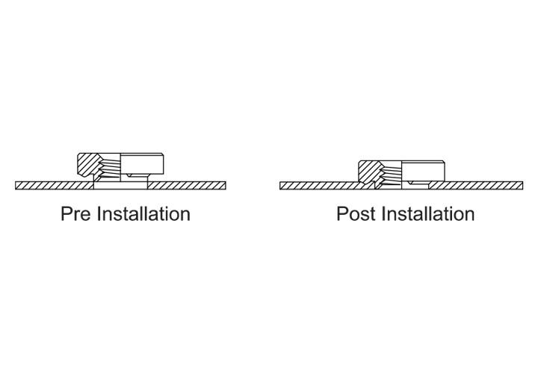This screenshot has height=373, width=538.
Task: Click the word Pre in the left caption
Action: tap(75, 214)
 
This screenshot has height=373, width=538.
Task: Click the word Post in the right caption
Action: tap(356, 214)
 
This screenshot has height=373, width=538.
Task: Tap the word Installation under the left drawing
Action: tap(143, 214)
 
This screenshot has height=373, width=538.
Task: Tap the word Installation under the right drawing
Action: tap(428, 214)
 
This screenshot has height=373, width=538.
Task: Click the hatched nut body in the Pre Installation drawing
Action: tap(88, 165)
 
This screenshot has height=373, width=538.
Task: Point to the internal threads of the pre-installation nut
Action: tap(110, 167)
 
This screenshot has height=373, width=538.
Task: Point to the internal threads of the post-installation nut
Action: tap(391, 174)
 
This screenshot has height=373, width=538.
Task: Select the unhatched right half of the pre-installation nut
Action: tap(142, 164)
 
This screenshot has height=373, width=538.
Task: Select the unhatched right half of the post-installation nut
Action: tap(423, 172)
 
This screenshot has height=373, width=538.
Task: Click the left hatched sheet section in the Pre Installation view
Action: tap(55, 185)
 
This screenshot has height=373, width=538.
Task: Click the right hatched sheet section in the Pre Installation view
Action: tap(187, 185)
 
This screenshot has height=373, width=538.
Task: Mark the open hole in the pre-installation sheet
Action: tap(120, 185)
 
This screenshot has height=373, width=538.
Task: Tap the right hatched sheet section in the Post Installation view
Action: tap(475, 185)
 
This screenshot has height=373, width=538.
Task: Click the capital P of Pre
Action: tap(67, 214)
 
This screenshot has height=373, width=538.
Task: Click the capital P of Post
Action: tap(342, 214)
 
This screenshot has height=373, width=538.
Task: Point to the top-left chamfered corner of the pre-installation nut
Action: tap(79, 155)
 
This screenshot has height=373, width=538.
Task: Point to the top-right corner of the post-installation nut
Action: tap(445, 161)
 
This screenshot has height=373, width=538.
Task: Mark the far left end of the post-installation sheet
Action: tap(280, 185)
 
